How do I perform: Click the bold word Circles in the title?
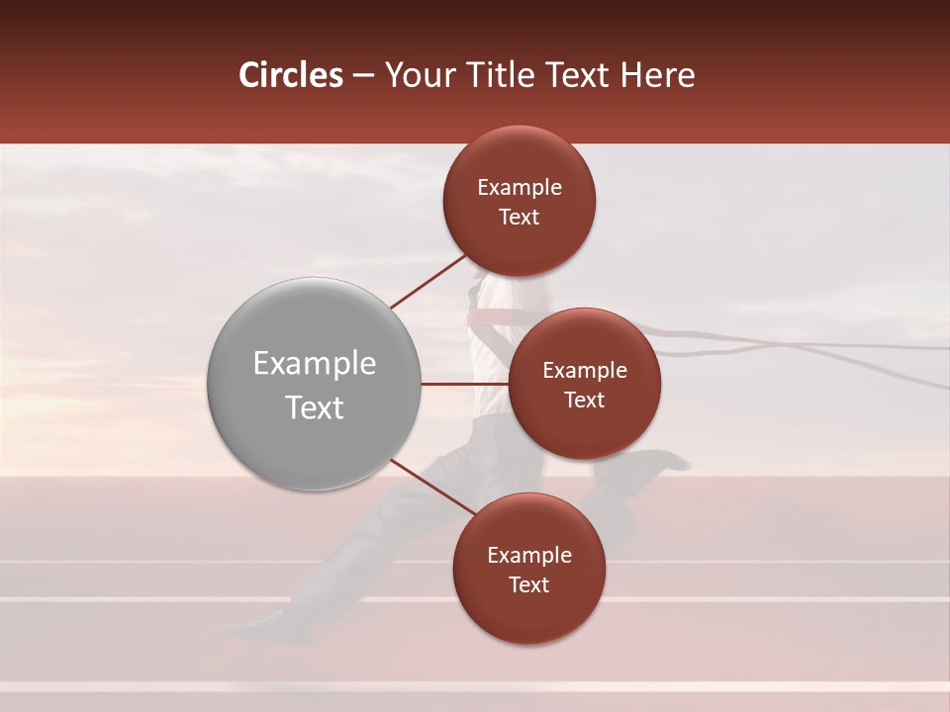point(291,75)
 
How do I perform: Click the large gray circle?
point(314,384)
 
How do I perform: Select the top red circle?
point(519,201)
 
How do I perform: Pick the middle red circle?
point(584,384)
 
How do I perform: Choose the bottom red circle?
point(528,569)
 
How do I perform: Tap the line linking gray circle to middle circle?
point(464,384)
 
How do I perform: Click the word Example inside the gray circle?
point(314,364)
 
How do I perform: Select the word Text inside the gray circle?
point(314,407)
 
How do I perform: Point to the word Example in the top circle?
point(519,188)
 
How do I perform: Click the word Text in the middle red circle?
point(584,400)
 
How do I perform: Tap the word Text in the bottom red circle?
point(528,584)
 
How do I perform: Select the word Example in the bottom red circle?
point(528,556)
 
